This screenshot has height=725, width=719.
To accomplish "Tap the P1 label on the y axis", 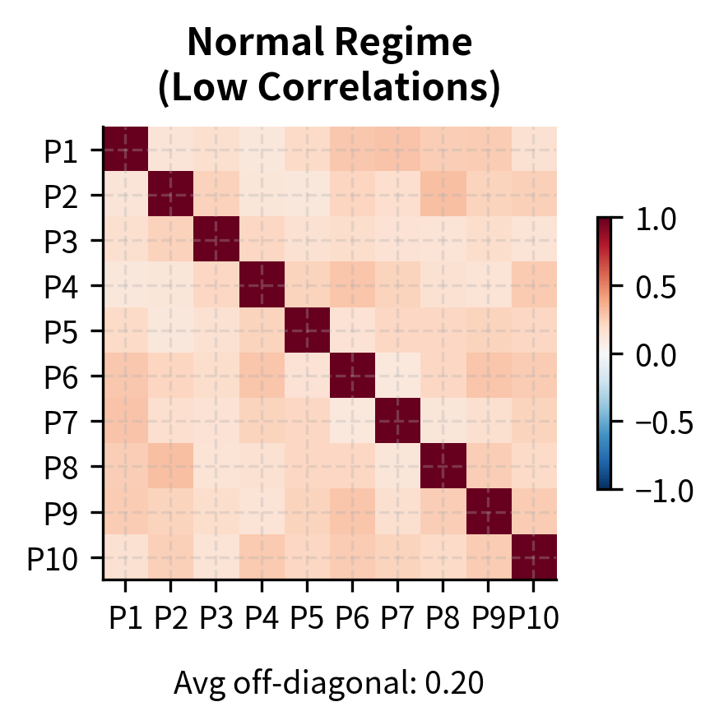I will [x=63, y=150].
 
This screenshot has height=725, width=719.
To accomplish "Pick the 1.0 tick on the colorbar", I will [x=655, y=219].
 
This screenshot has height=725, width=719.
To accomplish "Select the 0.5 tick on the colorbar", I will [x=655, y=287].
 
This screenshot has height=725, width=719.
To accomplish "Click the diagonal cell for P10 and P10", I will [x=534, y=558].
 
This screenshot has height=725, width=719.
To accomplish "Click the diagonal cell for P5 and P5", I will [x=307, y=331].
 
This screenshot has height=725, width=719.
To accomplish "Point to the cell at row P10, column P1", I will [x=126, y=558].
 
